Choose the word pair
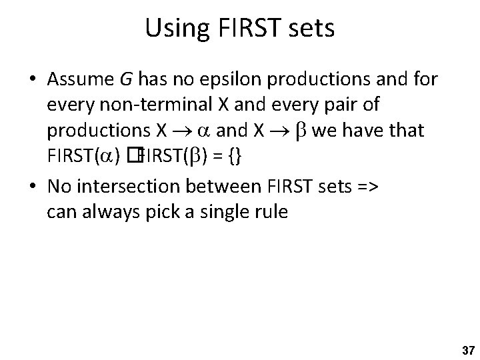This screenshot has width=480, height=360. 342,105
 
